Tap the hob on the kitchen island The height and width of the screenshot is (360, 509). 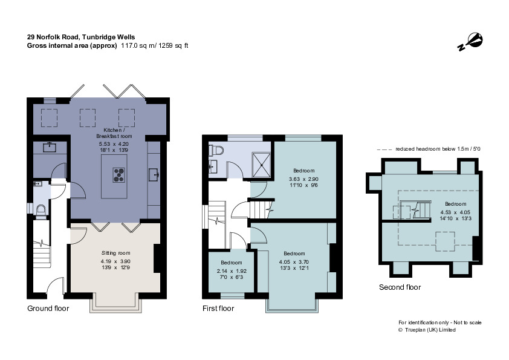pos(118,174)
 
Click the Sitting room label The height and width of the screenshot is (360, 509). pos(115,253)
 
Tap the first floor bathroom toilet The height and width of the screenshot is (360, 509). pos(216,151)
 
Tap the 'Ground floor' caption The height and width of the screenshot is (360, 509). pos(48,309)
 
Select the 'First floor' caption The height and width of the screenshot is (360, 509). pos(218,309)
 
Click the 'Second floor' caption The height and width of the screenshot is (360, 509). pos(400,287)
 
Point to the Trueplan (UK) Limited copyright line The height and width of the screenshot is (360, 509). pos(427,330)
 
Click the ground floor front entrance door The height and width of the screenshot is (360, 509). pos(56,286)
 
